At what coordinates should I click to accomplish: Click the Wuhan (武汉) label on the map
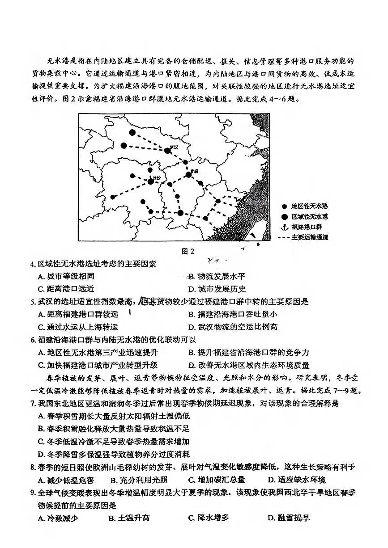coord(174,147)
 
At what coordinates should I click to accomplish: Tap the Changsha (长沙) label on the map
coord(156,177)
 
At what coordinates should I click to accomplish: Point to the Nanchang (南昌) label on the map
coord(194,171)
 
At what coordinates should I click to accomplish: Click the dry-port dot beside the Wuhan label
coord(167,151)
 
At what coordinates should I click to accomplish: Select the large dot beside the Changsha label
coord(150,181)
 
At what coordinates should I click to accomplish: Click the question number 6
coord(33,340)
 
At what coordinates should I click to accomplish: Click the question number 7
coord(33,404)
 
